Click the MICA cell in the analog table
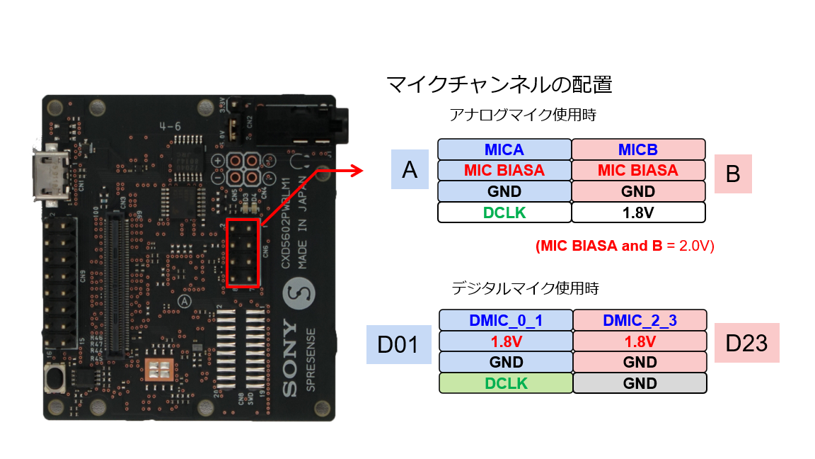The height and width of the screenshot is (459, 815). tap(504, 149)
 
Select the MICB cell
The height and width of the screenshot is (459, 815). tap(638, 149)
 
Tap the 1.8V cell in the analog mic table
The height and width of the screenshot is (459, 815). tap(638, 212)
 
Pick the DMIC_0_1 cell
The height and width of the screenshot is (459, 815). tap(505, 320)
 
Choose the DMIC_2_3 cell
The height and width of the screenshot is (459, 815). tap(640, 320)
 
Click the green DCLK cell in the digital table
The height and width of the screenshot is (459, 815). tap(505, 383)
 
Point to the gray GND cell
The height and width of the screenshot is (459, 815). tap(640, 383)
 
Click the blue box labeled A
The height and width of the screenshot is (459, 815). tap(410, 169)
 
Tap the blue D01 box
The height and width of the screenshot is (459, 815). tap(399, 344)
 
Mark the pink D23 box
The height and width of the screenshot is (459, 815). tap(747, 344)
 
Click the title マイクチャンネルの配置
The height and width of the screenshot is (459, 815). tap(499, 85)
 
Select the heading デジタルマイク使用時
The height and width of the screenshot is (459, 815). tap(525, 288)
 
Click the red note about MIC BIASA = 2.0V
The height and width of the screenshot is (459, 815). tap(625, 246)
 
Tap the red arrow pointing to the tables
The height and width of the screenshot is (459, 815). tap(340, 171)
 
